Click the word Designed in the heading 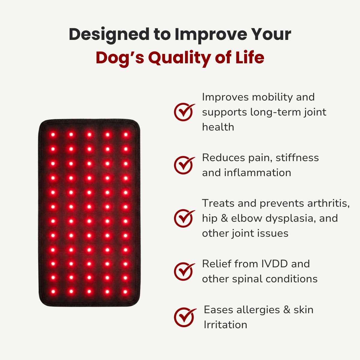tap(109, 34)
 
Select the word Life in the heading tap(250, 58)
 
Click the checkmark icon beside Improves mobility tap(184, 112)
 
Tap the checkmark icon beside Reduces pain tap(184, 165)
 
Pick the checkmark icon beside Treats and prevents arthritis tap(184, 218)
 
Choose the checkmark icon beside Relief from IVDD tap(184, 271)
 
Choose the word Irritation tap(225, 325)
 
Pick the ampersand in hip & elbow tap(224, 218)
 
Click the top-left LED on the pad tap(53, 135)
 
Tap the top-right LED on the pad tap(126, 135)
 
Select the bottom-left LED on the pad tap(53, 291)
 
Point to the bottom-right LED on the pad tap(126, 291)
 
